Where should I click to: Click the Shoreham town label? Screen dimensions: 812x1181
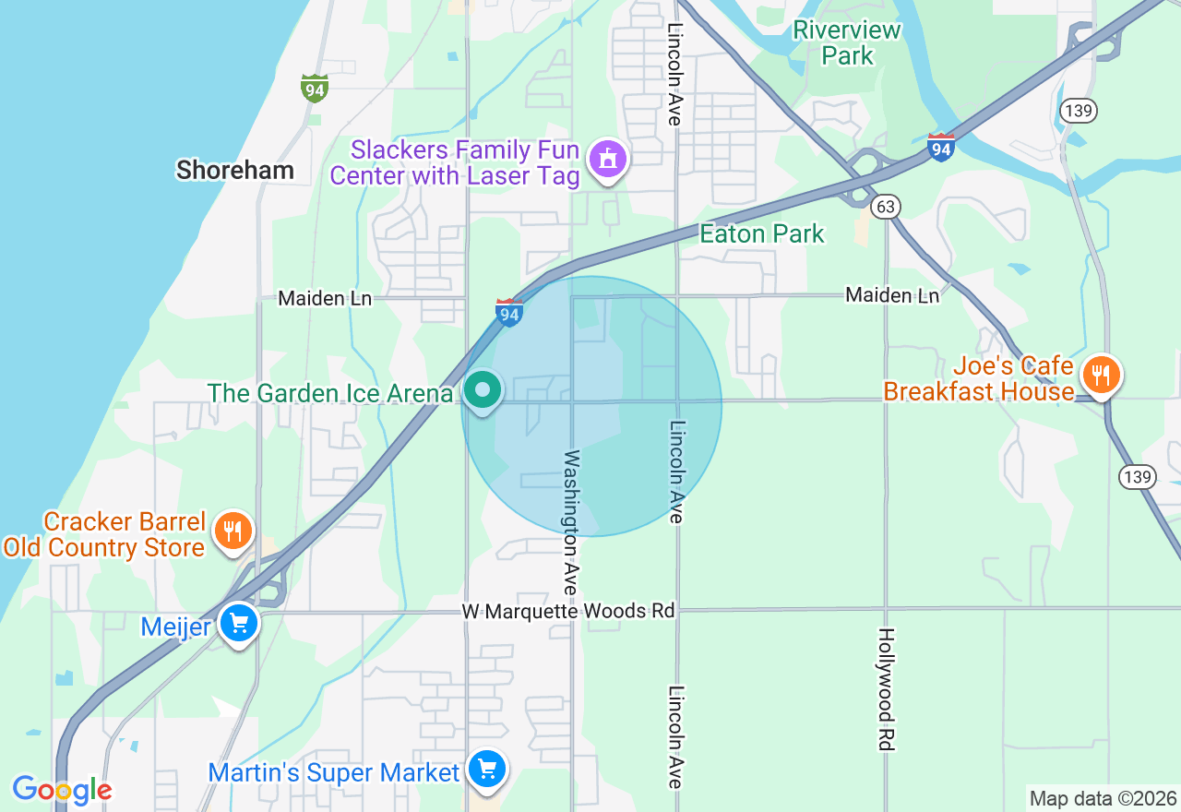(235, 170)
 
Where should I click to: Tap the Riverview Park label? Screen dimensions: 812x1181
(847, 42)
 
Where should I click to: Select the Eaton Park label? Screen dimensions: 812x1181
(761, 233)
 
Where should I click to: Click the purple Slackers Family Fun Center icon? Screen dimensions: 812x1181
(608, 159)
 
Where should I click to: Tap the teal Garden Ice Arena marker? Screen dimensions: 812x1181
(482, 390)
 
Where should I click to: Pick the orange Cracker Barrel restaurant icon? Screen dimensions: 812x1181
(233, 531)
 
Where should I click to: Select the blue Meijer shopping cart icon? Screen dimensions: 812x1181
(240, 625)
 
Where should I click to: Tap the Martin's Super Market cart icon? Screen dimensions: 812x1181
(487, 769)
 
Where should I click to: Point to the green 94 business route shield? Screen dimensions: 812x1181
(315, 89)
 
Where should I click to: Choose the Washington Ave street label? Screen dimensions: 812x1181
(572, 522)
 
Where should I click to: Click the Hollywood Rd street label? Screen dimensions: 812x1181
(886, 688)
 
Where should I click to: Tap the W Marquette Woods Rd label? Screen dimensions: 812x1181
(568, 611)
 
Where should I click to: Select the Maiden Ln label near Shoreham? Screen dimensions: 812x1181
(325, 298)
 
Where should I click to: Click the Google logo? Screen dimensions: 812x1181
(62, 790)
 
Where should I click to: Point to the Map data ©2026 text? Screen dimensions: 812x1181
(1103, 798)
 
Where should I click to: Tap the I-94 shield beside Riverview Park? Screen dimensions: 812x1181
(940, 148)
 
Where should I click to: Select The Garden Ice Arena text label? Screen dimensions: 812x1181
(329, 393)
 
